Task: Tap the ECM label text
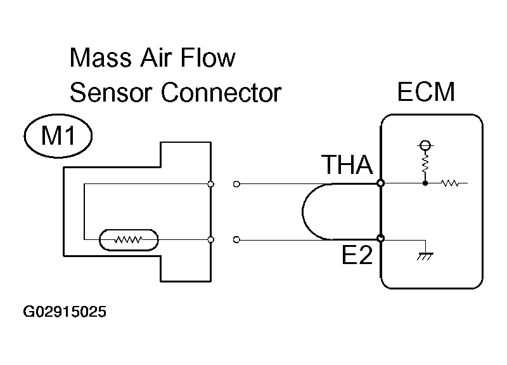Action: pyautogui.click(x=426, y=91)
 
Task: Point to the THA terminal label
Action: pyautogui.click(x=347, y=164)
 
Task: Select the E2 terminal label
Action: pyautogui.click(x=357, y=255)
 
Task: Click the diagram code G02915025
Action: pyautogui.click(x=65, y=312)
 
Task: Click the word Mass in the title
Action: pyautogui.click(x=100, y=58)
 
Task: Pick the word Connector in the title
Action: pyautogui.click(x=221, y=93)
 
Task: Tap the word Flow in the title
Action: pyautogui.click(x=208, y=58)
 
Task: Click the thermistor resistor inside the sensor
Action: pyautogui.click(x=129, y=240)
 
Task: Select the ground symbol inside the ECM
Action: pyautogui.click(x=425, y=256)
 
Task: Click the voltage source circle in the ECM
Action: pyautogui.click(x=425, y=145)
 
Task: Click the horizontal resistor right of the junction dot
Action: pyautogui.click(x=450, y=183)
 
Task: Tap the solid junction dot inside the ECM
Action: pyautogui.click(x=425, y=183)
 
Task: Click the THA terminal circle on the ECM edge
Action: pyautogui.click(x=381, y=183)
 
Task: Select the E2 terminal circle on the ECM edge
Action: pyautogui.click(x=381, y=239)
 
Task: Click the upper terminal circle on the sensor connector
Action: pyautogui.click(x=210, y=184)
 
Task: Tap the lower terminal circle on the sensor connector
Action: pyautogui.click(x=210, y=240)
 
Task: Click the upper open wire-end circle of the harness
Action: pyautogui.click(x=236, y=184)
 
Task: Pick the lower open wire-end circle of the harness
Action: pyautogui.click(x=236, y=240)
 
